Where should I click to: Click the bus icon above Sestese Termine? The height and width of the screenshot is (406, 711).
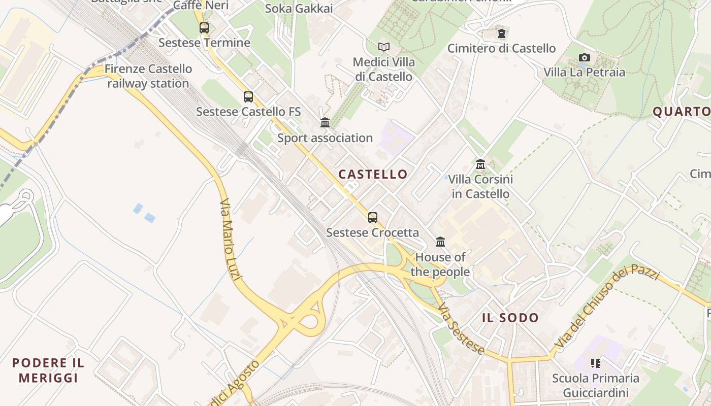pos(204,28)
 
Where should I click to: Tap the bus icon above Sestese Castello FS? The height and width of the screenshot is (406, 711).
pos(248,97)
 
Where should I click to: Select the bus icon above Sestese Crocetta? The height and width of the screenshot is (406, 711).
pos(373,218)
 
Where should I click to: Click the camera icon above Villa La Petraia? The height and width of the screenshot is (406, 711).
pos(585,57)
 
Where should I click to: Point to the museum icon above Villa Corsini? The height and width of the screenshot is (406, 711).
pos(480,164)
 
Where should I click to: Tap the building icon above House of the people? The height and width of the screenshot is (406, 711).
pos(440,242)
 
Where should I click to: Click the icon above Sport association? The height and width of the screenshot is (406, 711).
pos(325,123)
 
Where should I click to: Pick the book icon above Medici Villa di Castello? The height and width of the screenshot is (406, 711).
pos(384,47)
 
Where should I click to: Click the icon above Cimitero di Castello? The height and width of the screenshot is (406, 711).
pos(502,34)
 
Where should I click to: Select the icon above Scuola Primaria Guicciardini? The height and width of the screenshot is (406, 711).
pos(596,363)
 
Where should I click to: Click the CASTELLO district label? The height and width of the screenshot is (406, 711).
pos(373,175)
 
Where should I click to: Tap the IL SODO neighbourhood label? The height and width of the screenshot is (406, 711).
pos(510,318)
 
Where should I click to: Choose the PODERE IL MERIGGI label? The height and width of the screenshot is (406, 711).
pos(48,370)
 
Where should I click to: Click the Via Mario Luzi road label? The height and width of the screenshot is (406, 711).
pos(232,239)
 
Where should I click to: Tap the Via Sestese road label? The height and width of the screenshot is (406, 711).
pos(460,329)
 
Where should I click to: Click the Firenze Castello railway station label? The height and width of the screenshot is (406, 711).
pos(148,76)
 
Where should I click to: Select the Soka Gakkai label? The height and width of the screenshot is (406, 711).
pos(299,9)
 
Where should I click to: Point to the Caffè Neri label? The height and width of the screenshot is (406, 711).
pos(201,6)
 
